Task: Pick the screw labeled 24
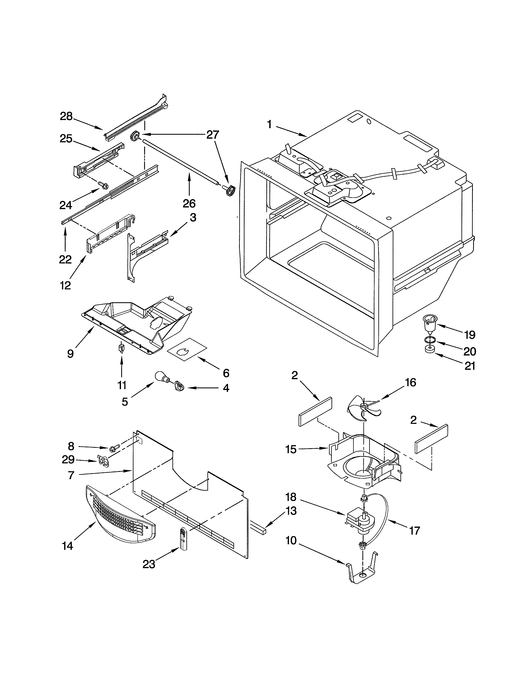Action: (103, 185)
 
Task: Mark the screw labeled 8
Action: (115, 449)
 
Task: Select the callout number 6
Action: (226, 373)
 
